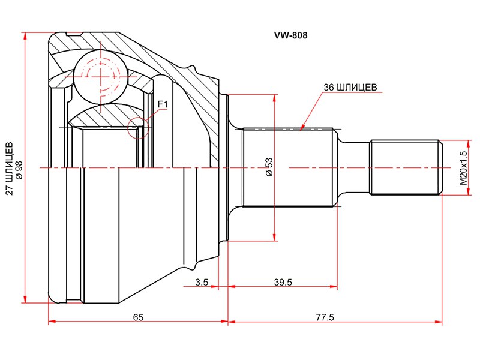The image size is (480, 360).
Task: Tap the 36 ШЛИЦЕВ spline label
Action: point(350,87)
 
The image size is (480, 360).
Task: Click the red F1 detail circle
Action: point(139,127)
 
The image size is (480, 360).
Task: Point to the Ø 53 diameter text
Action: point(269,167)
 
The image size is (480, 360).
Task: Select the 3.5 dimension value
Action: point(202,282)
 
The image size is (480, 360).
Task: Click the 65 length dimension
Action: point(138,317)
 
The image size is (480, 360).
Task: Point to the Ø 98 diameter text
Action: point(19,170)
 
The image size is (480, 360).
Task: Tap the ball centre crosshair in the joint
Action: point(101,75)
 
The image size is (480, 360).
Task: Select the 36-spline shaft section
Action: point(288,167)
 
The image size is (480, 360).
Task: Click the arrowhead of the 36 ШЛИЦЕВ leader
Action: point(302,128)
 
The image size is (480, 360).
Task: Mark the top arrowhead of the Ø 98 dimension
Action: point(25,35)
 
